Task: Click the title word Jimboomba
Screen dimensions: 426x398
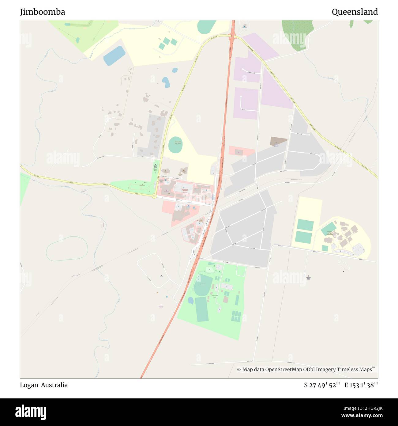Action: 43,12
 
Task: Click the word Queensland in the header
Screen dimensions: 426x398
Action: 355,12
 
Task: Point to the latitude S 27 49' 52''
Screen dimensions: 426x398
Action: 322,385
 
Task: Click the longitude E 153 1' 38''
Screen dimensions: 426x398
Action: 361,385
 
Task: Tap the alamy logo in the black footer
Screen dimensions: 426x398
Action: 31,412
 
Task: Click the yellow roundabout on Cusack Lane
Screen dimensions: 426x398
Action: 154,196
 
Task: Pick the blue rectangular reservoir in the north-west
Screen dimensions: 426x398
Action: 114,55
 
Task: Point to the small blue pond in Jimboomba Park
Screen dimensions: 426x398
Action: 190,300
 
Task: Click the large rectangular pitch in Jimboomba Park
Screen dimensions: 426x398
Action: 202,309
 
